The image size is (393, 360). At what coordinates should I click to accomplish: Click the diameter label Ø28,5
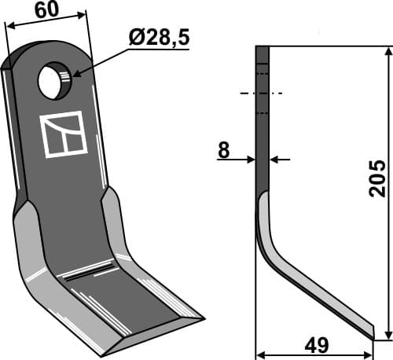click(160, 37)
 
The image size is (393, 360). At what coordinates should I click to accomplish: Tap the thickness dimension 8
click(224, 150)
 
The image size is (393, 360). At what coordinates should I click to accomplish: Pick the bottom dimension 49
click(317, 346)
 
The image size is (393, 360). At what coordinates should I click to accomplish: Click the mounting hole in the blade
click(54, 82)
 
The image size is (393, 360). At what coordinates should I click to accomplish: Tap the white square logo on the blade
click(62, 134)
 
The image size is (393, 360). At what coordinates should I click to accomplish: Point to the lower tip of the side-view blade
click(372, 336)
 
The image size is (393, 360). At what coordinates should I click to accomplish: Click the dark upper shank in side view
click(263, 118)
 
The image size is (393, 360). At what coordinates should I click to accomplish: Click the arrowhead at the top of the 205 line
click(387, 51)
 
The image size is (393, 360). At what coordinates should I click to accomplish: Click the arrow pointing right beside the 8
click(251, 160)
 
